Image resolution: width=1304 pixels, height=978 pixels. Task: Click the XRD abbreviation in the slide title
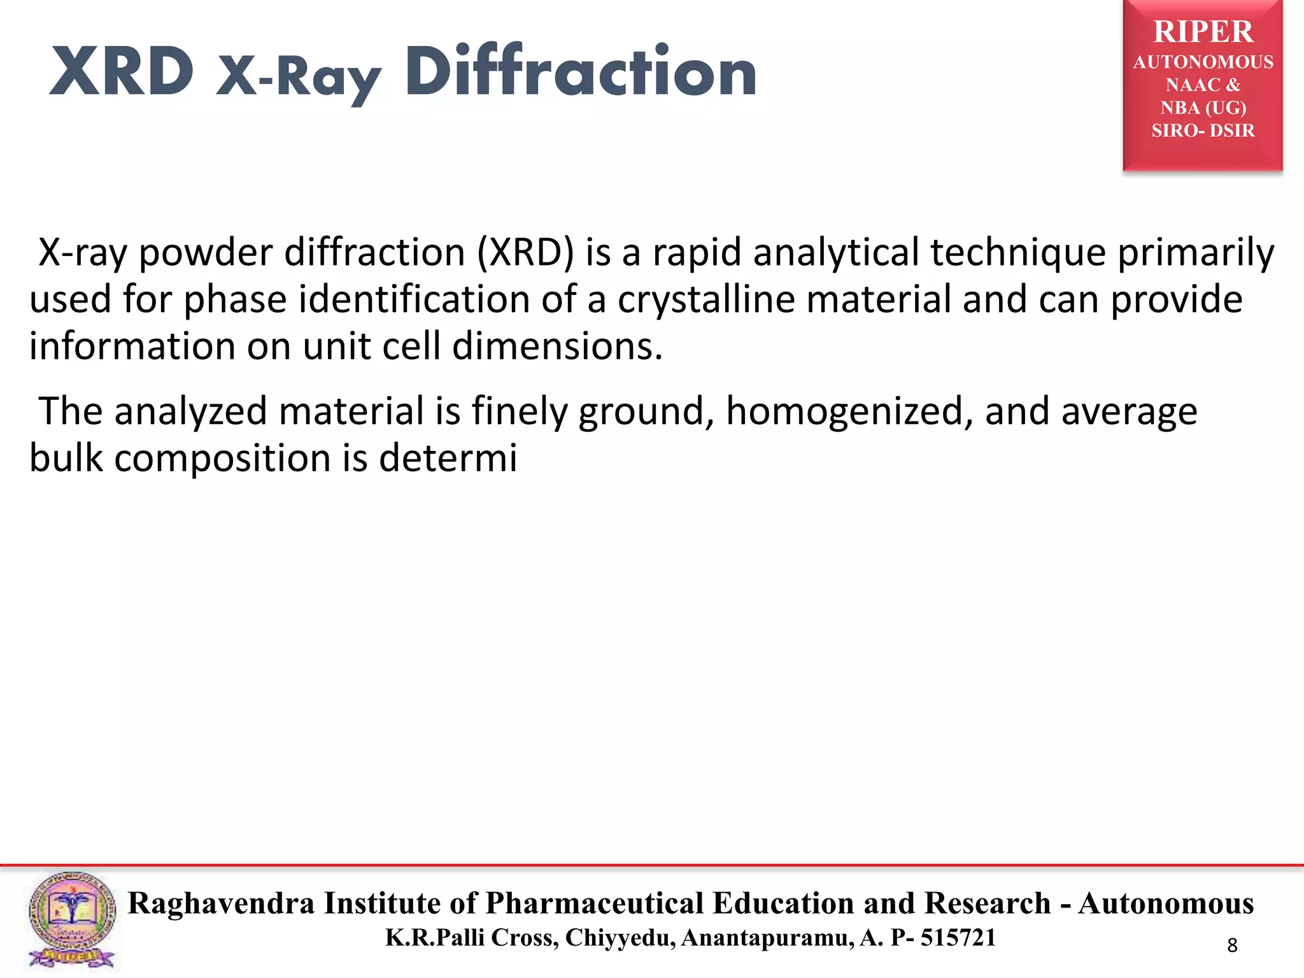(x=122, y=72)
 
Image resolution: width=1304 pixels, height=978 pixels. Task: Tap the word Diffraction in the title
(x=580, y=72)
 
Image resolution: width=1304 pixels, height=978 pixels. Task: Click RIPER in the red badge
(x=1203, y=32)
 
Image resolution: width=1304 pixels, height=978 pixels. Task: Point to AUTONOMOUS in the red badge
(x=1203, y=62)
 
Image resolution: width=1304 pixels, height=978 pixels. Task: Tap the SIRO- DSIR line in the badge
(x=1203, y=131)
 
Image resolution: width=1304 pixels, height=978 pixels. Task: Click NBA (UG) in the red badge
(x=1203, y=108)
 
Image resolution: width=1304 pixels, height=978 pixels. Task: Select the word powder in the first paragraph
(x=206, y=253)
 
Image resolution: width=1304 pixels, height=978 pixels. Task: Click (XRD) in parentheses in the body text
(x=525, y=253)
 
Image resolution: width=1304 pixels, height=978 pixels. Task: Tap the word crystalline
(x=705, y=299)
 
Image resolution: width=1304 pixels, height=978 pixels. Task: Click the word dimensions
(x=557, y=346)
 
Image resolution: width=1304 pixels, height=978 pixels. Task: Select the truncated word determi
(x=448, y=458)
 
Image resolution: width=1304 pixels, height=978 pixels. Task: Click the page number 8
(x=1232, y=946)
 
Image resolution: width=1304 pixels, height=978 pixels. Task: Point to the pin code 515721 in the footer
(x=958, y=938)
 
